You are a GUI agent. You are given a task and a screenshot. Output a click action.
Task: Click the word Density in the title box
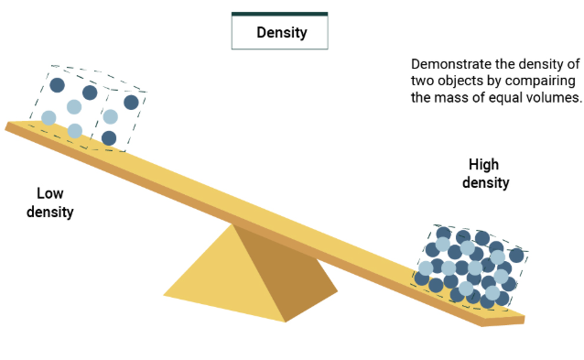tap(279, 34)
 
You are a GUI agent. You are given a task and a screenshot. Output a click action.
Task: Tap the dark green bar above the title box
tap(279, 15)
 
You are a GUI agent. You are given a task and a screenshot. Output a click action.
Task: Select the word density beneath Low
tap(49, 212)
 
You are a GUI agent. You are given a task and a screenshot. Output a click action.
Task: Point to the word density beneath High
tap(485, 183)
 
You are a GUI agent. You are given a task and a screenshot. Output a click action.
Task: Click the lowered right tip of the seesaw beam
tap(521, 318)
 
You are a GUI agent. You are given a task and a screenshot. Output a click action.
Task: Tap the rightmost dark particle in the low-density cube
tap(131, 102)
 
